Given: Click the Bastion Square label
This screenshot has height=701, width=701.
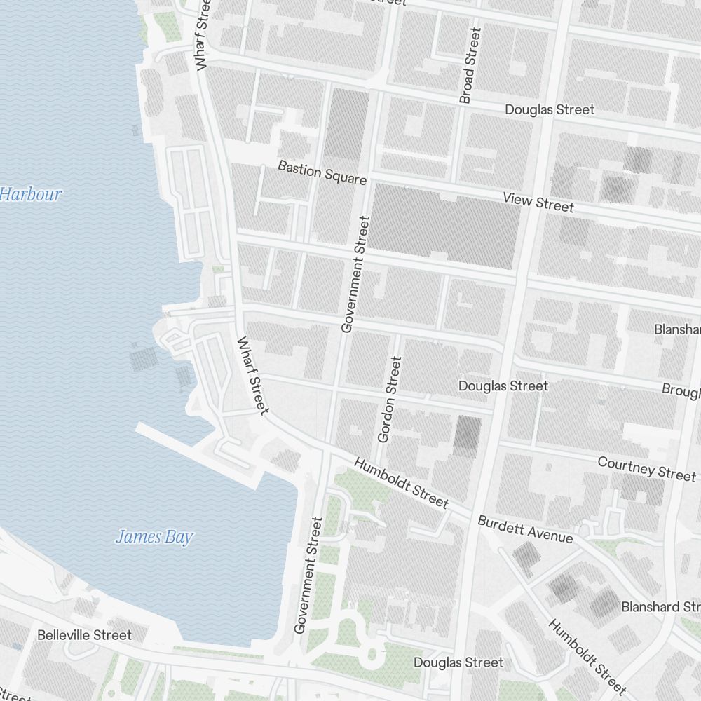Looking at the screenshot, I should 322,172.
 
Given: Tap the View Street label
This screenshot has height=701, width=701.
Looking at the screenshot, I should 538,202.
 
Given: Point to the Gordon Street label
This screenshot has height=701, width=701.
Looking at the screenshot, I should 390,400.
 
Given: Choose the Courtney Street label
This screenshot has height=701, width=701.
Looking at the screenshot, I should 646,468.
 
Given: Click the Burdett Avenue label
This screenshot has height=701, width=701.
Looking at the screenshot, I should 525,529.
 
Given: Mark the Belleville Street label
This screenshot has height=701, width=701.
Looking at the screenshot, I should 84,635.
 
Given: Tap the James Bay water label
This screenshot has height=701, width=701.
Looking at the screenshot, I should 154,538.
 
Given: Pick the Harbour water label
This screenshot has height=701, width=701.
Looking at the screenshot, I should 31,194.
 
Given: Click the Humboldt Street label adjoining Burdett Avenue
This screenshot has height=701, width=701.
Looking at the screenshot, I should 401,482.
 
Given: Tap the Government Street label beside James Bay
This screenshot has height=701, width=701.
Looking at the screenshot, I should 309,575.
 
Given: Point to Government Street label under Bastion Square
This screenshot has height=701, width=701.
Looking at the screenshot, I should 355,274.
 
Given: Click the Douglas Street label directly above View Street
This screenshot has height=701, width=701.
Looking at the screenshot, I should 550,109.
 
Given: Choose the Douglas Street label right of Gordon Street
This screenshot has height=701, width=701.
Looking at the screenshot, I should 503,386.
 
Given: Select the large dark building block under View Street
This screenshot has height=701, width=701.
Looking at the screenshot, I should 444,225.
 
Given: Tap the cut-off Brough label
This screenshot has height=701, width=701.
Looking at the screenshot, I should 681,390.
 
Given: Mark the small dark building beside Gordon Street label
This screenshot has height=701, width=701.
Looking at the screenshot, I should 466,433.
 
